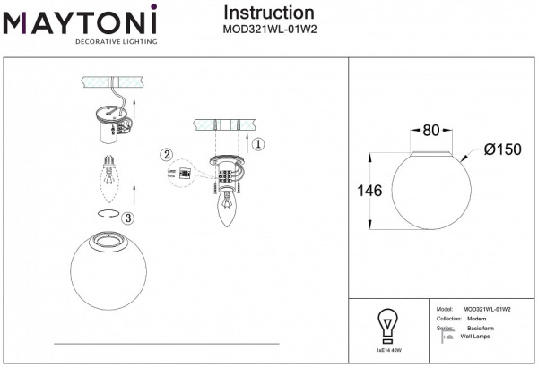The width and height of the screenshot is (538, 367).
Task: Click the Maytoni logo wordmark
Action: point(81,20)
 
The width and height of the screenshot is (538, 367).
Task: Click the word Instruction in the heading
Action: point(268,13)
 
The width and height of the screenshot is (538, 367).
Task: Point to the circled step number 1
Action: point(257,143)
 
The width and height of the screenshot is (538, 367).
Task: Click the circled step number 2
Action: point(166,154)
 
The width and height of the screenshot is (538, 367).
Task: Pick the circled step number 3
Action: point(129,218)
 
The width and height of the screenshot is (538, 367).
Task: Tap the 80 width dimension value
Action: point(430,130)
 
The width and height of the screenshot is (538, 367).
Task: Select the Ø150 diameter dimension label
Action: point(502,149)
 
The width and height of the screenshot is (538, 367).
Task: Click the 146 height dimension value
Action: point(369,191)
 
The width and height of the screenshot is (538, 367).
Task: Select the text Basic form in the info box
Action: point(480,329)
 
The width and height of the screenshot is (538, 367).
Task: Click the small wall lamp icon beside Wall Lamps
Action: point(448,337)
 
